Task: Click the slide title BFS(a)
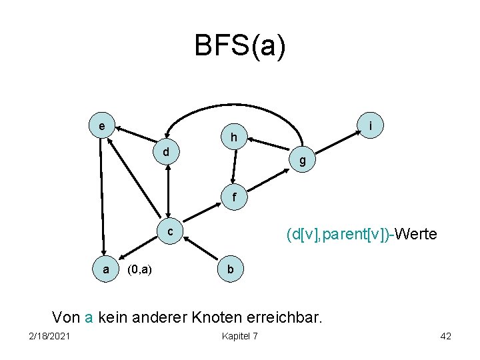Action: pyautogui.click(x=239, y=47)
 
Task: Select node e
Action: pyautogui.click(x=101, y=125)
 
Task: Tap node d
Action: pyautogui.click(x=166, y=152)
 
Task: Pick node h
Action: pyautogui.click(x=234, y=137)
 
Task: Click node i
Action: pyautogui.click(x=370, y=124)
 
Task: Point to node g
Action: pyautogui.click(x=303, y=160)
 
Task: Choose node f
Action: pyautogui.click(x=233, y=197)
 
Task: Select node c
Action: pyautogui.click(x=171, y=231)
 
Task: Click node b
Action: pyautogui.click(x=230, y=269)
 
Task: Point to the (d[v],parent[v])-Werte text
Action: pyautogui.click(x=361, y=235)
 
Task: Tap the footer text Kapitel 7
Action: pyautogui.click(x=239, y=335)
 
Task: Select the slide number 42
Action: pyautogui.click(x=445, y=335)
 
